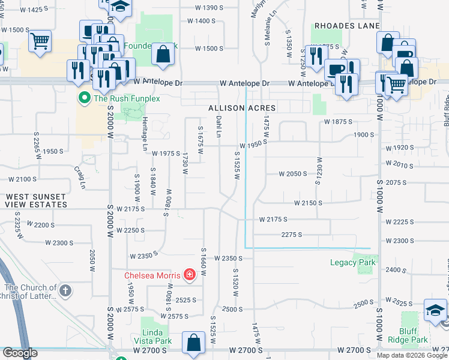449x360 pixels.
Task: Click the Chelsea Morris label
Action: click(153, 276)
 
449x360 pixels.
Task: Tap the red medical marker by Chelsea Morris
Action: click(190, 275)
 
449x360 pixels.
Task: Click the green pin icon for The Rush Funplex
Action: click(85, 98)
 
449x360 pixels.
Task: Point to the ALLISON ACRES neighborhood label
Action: click(242, 108)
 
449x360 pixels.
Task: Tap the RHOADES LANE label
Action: click(347, 26)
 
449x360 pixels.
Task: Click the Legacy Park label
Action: click(353, 262)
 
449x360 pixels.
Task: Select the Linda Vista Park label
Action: click(157, 337)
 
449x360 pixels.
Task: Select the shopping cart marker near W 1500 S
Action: click(40, 42)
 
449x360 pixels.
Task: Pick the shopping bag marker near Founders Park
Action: click(163, 54)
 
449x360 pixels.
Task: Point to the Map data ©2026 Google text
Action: click(412, 355)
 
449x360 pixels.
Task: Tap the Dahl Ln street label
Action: click(219, 127)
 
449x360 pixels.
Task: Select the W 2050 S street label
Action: click(292, 174)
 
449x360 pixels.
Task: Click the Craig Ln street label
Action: click(79, 178)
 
